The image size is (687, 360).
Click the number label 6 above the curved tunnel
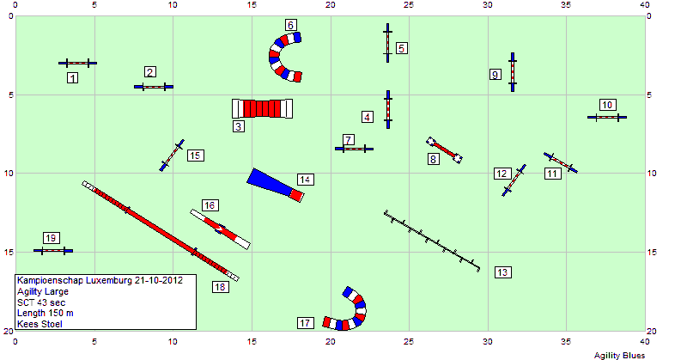point(290,25)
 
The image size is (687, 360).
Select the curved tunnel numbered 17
point(357,316)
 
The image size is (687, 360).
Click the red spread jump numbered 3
point(262,108)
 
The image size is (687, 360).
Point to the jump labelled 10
point(607,117)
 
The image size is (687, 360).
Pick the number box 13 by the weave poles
point(502,272)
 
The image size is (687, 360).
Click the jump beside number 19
point(53,251)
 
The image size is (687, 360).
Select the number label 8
point(433,159)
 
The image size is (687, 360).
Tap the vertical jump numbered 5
point(387,43)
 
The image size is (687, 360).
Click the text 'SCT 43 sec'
point(41,302)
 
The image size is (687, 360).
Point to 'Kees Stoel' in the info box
point(40,324)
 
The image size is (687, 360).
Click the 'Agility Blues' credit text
point(619,355)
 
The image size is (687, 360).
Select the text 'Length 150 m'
point(46,313)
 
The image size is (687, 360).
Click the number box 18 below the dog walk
point(220,287)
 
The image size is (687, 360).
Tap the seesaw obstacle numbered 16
point(220,229)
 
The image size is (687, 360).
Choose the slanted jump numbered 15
point(172,156)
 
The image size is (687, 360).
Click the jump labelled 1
point(77,63)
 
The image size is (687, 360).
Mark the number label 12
point(502,174)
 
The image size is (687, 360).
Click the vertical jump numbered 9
point(512,72)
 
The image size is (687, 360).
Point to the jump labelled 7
point(354,149)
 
